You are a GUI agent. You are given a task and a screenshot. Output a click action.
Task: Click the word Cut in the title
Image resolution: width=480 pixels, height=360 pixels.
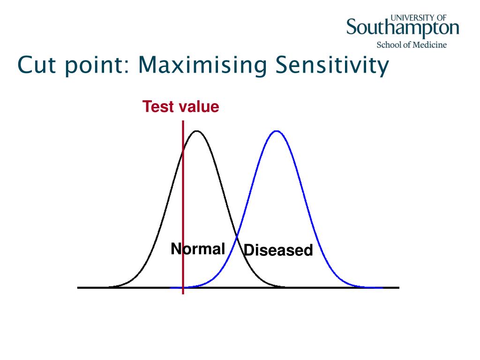pyautogui.click(x=37, y=65)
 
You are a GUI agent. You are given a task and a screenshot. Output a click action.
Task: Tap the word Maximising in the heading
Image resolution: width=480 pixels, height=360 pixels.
pyautogui.click(x=202, y=66)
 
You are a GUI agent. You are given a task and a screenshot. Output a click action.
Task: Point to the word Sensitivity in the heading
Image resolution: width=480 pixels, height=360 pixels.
pyautogui.click(x=332, y=66)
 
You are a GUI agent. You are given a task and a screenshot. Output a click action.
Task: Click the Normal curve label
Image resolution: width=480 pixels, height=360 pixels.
pyautogui.click(x=198, y=248)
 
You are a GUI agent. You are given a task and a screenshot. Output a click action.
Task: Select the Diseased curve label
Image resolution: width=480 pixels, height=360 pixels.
pyautogui.click(x=278, y=250)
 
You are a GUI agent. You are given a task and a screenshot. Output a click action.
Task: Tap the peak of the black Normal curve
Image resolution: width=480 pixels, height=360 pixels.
pyautogui.click(x=196, y=131)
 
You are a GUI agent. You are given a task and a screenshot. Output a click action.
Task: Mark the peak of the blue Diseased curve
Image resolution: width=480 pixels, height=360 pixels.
pyautogui.click(x=277, y=131)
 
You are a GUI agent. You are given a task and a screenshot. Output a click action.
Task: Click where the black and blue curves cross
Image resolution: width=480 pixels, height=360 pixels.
pyautogui.click(x=237, y=236)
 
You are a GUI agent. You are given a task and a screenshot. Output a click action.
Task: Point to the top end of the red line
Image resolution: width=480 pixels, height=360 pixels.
pyautogui.click(x=183, y=120)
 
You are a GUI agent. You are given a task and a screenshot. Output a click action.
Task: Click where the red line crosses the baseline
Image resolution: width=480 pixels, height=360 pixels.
pyautogui.click(x=183, y=287)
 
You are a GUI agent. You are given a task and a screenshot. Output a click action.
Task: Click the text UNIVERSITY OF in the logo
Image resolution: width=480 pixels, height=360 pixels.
pyautogui.click(x=419, y=18)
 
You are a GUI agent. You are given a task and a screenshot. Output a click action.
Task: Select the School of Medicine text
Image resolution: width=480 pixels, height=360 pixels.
pyautogui.click(x=412, y=45)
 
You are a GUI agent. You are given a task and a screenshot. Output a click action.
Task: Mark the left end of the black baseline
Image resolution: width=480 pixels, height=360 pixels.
pyautogui.click(x=77, y=287)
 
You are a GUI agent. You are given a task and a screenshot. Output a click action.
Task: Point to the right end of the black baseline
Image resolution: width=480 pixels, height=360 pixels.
pyautogui.click(x=399, y=287)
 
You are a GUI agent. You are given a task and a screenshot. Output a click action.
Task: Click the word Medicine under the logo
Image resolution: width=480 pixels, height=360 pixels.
pyautogui.click(x=429, y=45)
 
